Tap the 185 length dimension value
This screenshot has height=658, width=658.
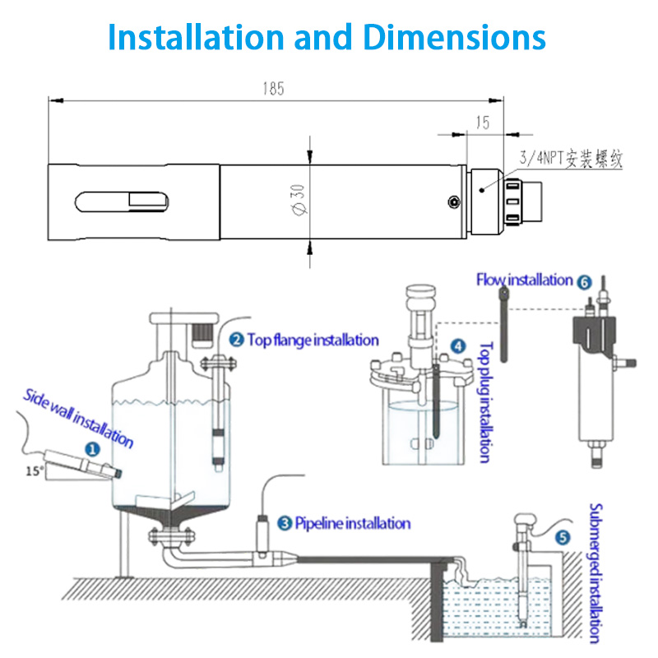(273, 90)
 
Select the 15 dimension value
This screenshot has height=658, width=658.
(483, 123)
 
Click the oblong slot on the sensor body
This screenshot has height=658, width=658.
(123, 202)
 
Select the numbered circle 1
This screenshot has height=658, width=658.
(93, 449)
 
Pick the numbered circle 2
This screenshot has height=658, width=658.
(236, 339)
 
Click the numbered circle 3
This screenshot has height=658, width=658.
(285, 522)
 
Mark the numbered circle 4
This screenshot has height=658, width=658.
(458, 348)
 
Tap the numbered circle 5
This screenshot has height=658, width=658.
(563, 538)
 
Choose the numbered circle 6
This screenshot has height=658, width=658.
(585, 281)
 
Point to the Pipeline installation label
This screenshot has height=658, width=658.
(352, 522)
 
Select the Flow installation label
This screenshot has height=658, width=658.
(525, 280)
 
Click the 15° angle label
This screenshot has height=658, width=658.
(34, 471)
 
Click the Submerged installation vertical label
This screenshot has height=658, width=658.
(598, 572)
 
